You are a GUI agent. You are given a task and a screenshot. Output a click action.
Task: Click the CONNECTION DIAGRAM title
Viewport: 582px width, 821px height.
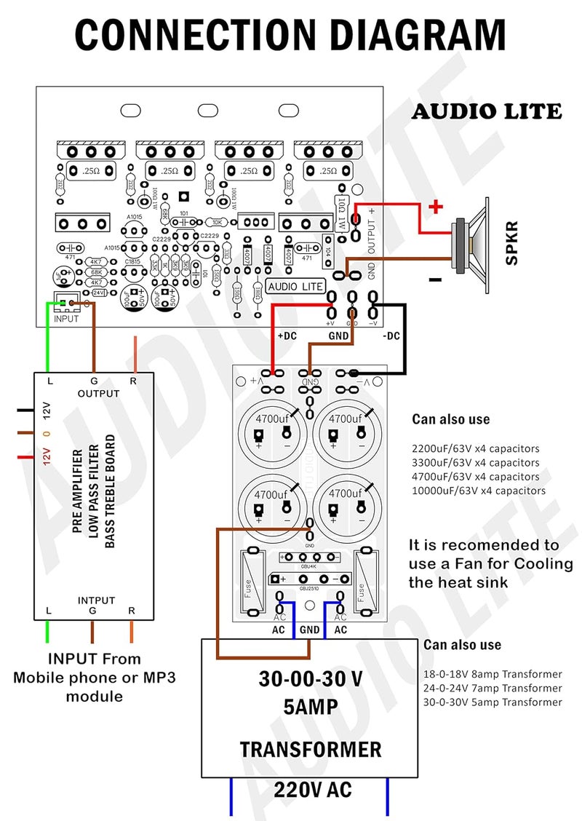(x=290, y=35)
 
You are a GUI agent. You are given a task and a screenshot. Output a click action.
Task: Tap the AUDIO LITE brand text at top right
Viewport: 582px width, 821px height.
(x=487, y=111)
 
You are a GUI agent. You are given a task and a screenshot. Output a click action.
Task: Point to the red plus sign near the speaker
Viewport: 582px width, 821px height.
(x=436, y=207)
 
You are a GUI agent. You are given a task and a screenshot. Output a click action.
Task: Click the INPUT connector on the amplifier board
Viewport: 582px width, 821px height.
(x=66, y=304)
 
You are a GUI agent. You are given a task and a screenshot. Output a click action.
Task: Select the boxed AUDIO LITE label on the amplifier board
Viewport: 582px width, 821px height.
(x=295, y=286)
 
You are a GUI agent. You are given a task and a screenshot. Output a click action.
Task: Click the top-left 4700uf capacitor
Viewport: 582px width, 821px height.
(x=271, y=429)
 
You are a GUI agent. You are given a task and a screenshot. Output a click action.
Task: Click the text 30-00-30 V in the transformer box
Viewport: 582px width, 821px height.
(x=311, y=678)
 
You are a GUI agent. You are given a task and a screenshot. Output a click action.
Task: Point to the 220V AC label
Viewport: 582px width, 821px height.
(x=313, y=790)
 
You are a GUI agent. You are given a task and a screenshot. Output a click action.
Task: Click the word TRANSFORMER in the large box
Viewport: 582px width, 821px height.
(x=311, y=750)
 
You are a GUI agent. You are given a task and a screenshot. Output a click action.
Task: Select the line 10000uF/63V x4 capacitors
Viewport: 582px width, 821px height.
(x=479, y=491)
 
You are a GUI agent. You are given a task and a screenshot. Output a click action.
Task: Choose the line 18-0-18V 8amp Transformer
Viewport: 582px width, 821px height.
(x=493, y=674)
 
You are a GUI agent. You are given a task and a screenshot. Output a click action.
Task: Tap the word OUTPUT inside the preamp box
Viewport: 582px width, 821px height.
(x=98, y=394)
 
